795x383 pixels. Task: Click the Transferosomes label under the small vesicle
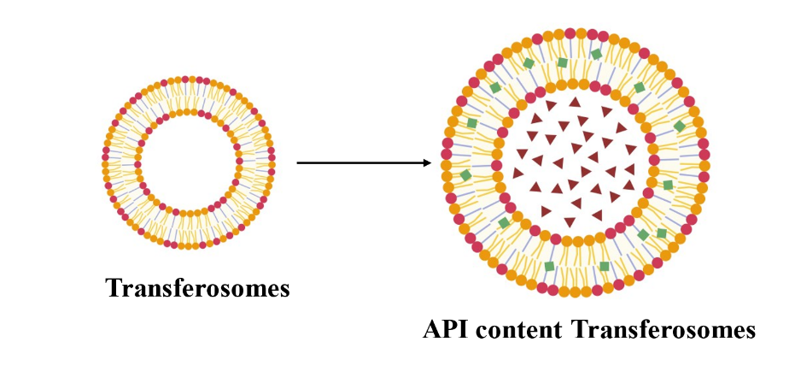click(197, 288)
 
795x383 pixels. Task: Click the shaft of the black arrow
click(359, 162)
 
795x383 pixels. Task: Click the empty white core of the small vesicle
click(189, 162)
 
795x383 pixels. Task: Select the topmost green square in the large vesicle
click(596, 54)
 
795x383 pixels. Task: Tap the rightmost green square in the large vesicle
click(679, 127)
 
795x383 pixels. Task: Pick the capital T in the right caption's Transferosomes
click(576, 330)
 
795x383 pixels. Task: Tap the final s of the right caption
click(749, 332)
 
